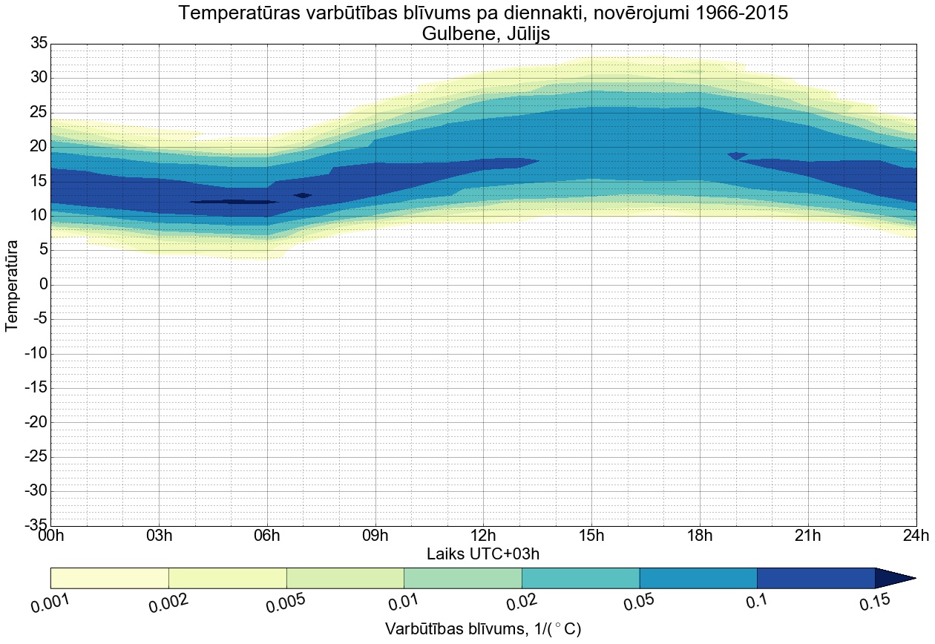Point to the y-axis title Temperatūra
12,285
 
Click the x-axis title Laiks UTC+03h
483,553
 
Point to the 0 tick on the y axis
43,284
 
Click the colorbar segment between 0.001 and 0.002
110,578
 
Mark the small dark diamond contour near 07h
303,195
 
